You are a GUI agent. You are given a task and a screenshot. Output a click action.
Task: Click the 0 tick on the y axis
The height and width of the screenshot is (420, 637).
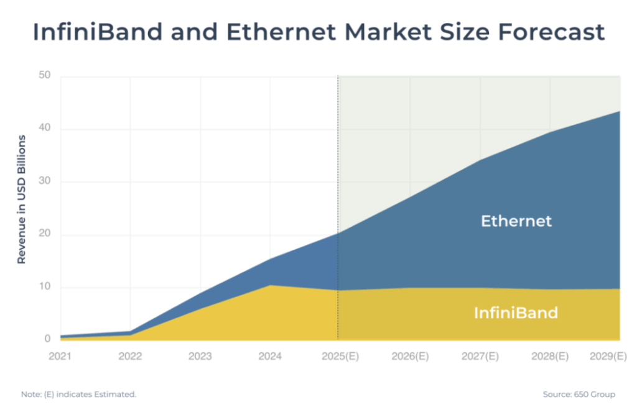[x=47, y=339]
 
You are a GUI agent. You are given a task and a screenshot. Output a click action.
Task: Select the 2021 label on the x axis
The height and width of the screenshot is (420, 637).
[x=60, y=357]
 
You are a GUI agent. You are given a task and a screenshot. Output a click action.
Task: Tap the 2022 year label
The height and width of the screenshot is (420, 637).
[x=130, y=357]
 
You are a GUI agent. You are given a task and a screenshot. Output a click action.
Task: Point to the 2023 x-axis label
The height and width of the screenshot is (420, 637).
[x=200, y=357]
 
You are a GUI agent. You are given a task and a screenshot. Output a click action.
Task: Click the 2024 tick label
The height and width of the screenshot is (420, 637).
[x=269, y=357]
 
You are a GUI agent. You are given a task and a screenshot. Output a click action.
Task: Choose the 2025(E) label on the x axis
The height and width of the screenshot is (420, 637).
[x=338, y=357]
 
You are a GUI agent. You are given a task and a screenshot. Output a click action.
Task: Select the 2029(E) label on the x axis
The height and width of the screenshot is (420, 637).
[x=607, y=357]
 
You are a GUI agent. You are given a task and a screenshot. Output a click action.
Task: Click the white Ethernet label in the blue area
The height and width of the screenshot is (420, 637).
[x=516, y=221]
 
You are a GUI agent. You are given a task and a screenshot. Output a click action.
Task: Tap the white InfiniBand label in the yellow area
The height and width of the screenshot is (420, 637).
[x=516, y=313]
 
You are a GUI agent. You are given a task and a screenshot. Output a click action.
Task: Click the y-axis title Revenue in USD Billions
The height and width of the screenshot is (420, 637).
[x=22, y=199]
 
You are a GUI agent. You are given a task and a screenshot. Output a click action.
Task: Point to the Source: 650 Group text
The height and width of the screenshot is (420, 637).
[x=579, y=395]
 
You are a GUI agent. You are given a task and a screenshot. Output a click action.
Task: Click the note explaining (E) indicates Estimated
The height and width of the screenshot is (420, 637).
[x=78, y=395]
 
